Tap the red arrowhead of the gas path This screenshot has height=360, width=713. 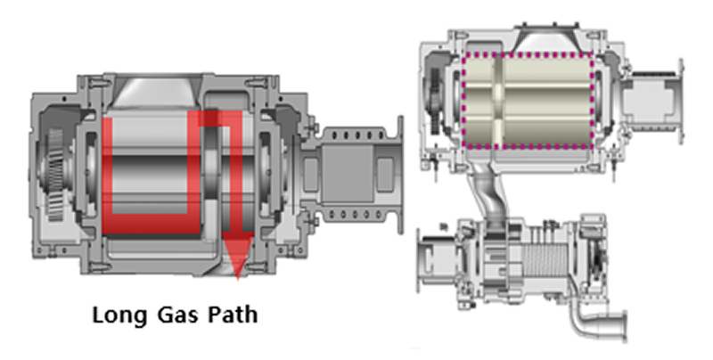coord(238,258)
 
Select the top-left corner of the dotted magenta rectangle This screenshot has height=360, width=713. coord(464,55)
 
